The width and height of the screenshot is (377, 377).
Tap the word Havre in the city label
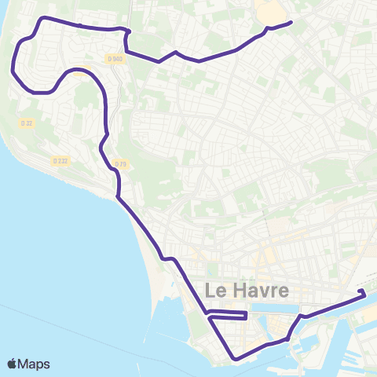tap(257, 290)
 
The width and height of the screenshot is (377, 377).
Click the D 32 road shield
tap(27, 123)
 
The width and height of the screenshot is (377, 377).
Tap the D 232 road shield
tap(60, 160)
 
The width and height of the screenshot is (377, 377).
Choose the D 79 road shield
tap(120, 163)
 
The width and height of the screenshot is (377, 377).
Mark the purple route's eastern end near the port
tap(363, 294)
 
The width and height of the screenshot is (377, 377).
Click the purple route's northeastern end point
tap(291, 22)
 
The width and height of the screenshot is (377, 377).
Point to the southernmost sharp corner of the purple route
tap(235, 360)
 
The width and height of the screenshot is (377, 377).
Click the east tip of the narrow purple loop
tap(247, 316)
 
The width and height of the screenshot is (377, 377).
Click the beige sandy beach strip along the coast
tap(154, 267)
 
